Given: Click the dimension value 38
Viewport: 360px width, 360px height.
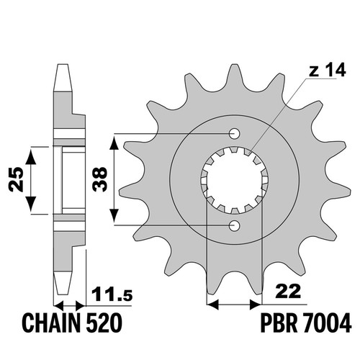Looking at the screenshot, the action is tap(100, 179).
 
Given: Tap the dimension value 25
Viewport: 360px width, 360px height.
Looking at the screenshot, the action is tap(16, 179).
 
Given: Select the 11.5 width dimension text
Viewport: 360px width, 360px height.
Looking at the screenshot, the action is tap(112, 294).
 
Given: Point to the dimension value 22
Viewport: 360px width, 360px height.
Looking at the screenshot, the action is tap(288, 292).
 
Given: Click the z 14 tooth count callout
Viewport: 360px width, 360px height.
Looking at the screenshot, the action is tap(328, 70).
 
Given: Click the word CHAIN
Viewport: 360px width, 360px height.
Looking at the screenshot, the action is tap(52, 323).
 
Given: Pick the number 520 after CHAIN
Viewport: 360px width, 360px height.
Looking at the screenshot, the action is tap(104, 323).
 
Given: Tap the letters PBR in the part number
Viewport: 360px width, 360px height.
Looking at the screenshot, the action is tap(279, 323).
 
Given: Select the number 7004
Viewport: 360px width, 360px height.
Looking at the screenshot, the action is tap(327, 323).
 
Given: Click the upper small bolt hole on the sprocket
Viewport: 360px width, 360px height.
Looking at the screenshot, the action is tap(234, 133).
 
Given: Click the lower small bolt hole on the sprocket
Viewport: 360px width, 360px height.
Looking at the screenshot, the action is tap(234, 225).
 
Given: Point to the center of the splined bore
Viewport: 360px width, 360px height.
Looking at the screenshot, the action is tap(234, 180).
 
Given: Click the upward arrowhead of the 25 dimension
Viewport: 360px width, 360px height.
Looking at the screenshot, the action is tap(31, 156).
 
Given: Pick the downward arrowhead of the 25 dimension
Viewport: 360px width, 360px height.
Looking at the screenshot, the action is tap(31, 204).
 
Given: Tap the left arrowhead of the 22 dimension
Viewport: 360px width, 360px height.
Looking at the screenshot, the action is tap(212, 305).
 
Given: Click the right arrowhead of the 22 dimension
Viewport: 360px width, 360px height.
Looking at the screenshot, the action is tap(256, 305).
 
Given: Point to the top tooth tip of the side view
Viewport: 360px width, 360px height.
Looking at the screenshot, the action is tap(63, 65).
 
